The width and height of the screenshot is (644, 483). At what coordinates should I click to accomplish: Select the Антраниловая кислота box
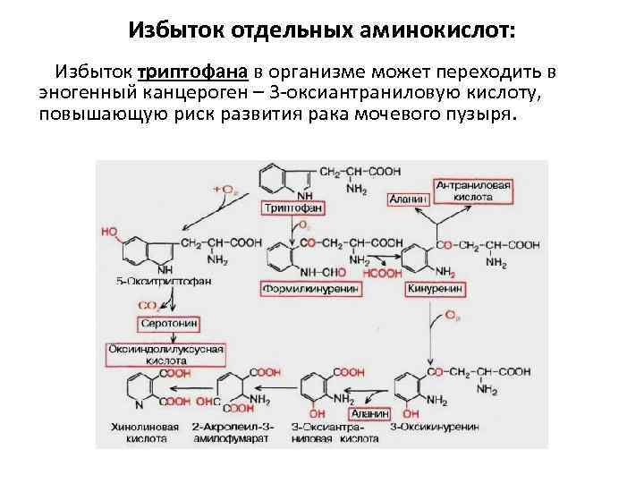point(473,191)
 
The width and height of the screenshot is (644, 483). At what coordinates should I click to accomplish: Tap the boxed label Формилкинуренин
point(311,289)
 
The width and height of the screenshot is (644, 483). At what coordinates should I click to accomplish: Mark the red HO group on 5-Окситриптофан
point(110,231)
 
